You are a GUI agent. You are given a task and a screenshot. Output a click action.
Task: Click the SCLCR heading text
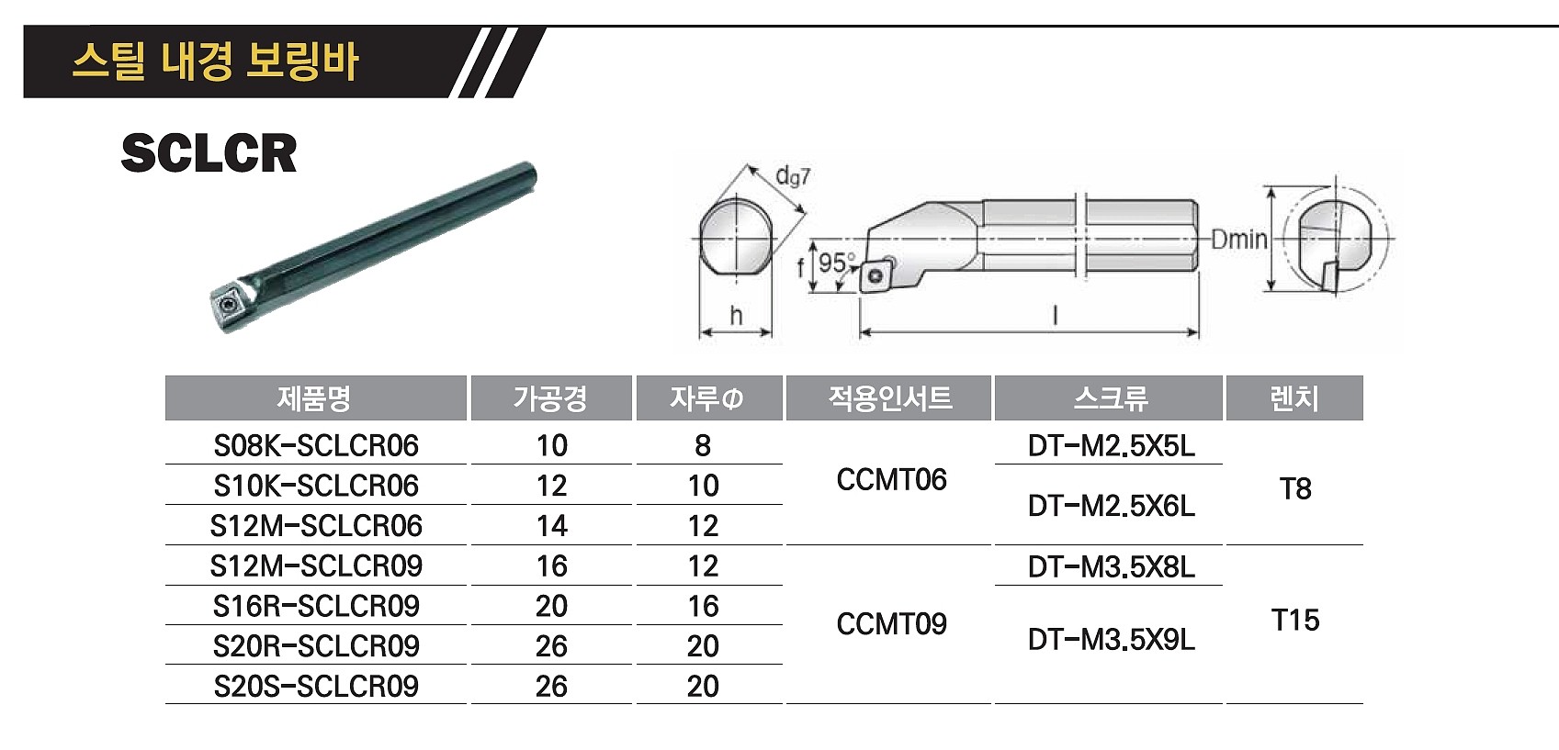209,153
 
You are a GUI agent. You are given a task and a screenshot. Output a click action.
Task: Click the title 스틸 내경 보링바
215,62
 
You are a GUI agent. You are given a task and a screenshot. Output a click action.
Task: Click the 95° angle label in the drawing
835,263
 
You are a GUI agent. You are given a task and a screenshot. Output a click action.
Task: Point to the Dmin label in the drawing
1238,241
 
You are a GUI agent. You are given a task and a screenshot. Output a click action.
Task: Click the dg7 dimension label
793,175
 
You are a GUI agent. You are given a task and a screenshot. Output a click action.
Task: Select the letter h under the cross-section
736,316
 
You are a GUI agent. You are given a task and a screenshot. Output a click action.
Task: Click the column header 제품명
314,398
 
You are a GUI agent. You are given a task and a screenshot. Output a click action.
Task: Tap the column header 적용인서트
889,398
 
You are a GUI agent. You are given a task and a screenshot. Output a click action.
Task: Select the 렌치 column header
1294,398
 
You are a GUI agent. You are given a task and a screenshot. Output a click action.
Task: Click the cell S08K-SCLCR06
316,446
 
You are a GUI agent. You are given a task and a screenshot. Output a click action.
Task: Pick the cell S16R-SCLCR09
316,607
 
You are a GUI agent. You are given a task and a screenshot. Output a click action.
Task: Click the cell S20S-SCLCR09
316,687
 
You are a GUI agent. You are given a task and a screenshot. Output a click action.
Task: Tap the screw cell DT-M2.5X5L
1111,446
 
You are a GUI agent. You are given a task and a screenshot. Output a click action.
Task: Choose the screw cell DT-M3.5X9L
1111,640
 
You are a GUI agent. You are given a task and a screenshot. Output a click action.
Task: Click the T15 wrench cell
1295,621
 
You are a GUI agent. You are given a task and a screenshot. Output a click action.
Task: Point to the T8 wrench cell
1295,489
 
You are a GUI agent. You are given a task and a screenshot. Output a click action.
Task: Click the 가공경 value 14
551,527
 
